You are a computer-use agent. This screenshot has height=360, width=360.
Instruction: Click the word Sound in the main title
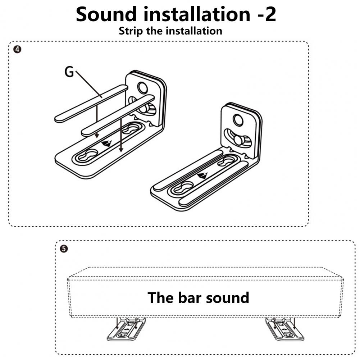tap(106, 14)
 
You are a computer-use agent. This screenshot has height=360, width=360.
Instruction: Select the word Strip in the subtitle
tap(131, 31)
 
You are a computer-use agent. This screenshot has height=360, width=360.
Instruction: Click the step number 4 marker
tap(17, 49)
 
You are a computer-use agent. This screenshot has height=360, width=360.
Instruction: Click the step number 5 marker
tap(64, 249)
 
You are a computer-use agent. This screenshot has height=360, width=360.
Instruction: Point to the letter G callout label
tap(69, 72)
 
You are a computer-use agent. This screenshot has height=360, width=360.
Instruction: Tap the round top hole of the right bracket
tap(238, 119)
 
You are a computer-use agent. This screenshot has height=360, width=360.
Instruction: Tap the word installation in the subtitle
tap(194, 31)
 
